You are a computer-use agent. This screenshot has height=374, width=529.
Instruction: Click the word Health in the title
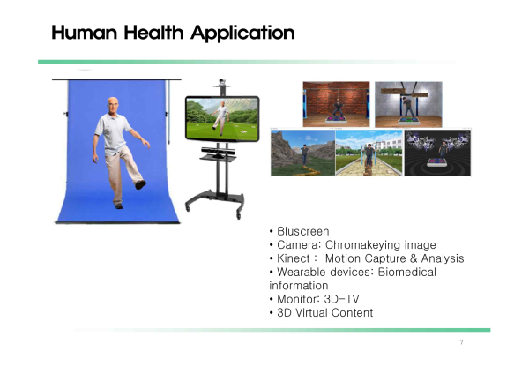click(153, 33)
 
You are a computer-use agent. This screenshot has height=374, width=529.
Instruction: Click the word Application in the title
click(242, 34)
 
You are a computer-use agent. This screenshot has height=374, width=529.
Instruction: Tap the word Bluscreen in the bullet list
click(303, 232)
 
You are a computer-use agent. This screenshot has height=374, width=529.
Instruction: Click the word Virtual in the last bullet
click(311, 312)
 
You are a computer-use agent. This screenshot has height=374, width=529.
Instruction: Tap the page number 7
click(461, 342)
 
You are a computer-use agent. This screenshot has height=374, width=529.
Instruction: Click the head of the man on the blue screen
click(113, 105)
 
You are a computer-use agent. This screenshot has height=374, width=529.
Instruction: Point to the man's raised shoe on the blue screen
click(140, 184)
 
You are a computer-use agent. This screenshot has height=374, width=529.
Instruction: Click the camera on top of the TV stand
click(221, 82)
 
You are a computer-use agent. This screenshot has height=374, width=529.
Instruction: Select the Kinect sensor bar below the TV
click(218, 151)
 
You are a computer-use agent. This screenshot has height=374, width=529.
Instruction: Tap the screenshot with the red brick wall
click(337, 104)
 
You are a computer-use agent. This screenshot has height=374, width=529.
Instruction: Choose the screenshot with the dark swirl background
click(437, 153)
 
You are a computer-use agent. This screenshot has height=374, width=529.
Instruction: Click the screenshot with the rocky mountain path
click(303, 153)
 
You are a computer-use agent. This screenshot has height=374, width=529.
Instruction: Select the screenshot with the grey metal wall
click(408, 104)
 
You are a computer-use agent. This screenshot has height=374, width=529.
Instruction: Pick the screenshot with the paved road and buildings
click(369, 153)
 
